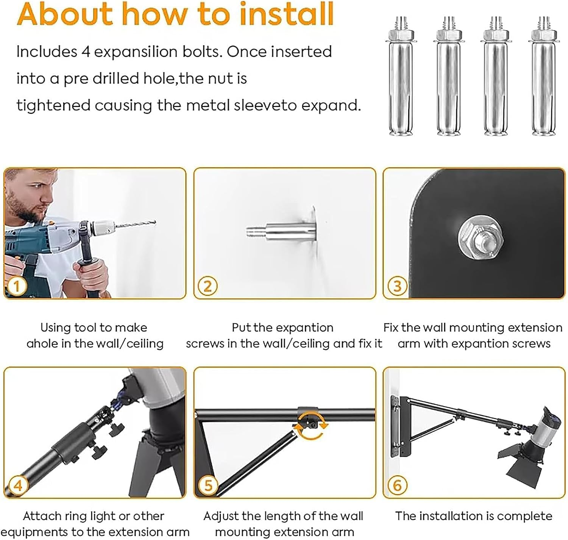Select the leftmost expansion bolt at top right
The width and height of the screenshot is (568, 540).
(x=401, y=76)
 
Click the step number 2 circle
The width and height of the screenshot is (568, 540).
(x=208, y=286)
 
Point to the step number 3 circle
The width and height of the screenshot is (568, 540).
(x=397, y=286)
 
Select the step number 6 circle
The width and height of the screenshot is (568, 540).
(x=397, y=485)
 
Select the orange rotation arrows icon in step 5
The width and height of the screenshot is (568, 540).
(x=311, y=426)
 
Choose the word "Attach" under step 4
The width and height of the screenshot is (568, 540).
(x=42, y=516)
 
